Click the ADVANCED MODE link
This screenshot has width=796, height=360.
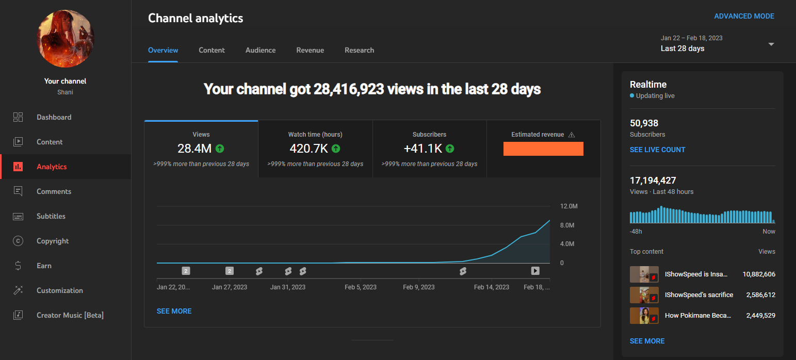click(744, 16)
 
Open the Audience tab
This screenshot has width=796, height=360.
click(261, 50)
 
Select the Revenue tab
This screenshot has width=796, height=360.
click(310, 50)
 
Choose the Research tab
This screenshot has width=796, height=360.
click(359, 50)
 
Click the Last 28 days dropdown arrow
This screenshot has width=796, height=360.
click(771, 44)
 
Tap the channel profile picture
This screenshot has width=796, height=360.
click(66, 39)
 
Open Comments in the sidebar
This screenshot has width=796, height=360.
click(54, 191)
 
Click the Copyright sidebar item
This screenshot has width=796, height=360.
click(53, 241)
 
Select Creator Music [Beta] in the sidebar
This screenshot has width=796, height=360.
click(70, 315)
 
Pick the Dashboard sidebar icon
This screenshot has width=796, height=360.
click(18, 117)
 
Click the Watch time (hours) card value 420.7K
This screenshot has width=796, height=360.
click(309, 149)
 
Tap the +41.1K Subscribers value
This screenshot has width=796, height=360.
click(423, 149)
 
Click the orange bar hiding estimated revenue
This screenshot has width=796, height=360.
click(543, 149)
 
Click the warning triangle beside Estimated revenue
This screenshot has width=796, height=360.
click(571, 135)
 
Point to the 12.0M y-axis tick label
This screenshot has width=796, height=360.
click(568, 206)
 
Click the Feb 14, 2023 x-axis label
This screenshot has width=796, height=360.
click(491, 287)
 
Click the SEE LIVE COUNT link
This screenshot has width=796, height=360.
click(657, 150)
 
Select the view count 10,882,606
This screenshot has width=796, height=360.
click(758, 274)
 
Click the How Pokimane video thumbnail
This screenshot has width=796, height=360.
click(644, 316)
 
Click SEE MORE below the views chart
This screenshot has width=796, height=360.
click(174, 311)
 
